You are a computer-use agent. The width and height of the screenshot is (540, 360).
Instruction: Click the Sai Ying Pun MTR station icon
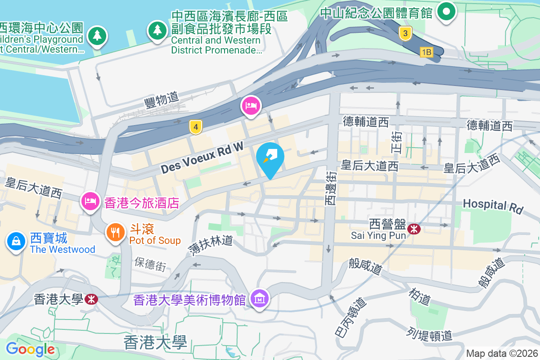[414, 229]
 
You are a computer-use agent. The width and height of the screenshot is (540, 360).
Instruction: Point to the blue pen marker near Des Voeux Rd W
[270, 158]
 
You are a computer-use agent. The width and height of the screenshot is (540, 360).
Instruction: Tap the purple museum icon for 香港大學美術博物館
[260, 298]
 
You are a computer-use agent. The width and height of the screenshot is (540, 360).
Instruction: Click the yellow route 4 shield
[195, 127]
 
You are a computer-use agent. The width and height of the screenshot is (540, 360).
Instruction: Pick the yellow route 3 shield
[406, 33]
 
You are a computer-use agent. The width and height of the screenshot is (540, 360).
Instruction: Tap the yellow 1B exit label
[426, 52]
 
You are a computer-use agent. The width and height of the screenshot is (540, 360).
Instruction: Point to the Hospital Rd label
[493, 206]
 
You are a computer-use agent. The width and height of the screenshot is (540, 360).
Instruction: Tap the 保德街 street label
[150, 264]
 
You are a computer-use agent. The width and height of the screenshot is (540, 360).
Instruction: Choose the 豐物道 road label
[162, 99]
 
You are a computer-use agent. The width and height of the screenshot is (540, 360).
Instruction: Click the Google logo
[30, 349]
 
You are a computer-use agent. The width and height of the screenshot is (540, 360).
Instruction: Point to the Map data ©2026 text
[502, 353]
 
